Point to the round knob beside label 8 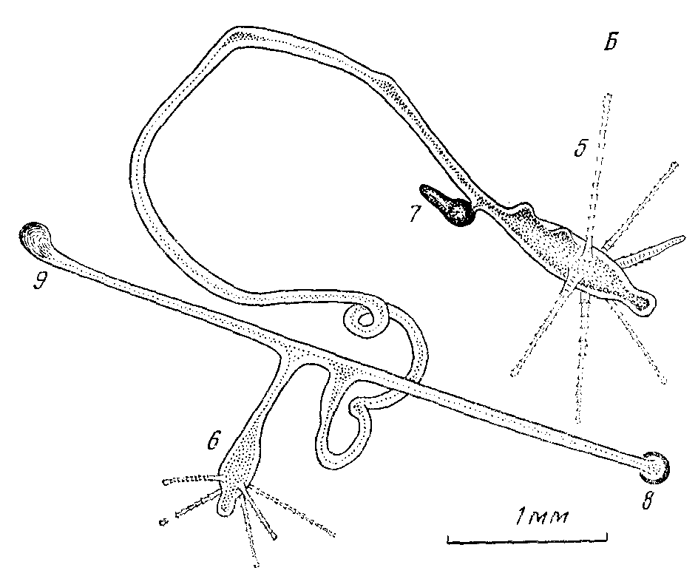click(x=659, y=464)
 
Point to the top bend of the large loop click(x=244, y=35)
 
